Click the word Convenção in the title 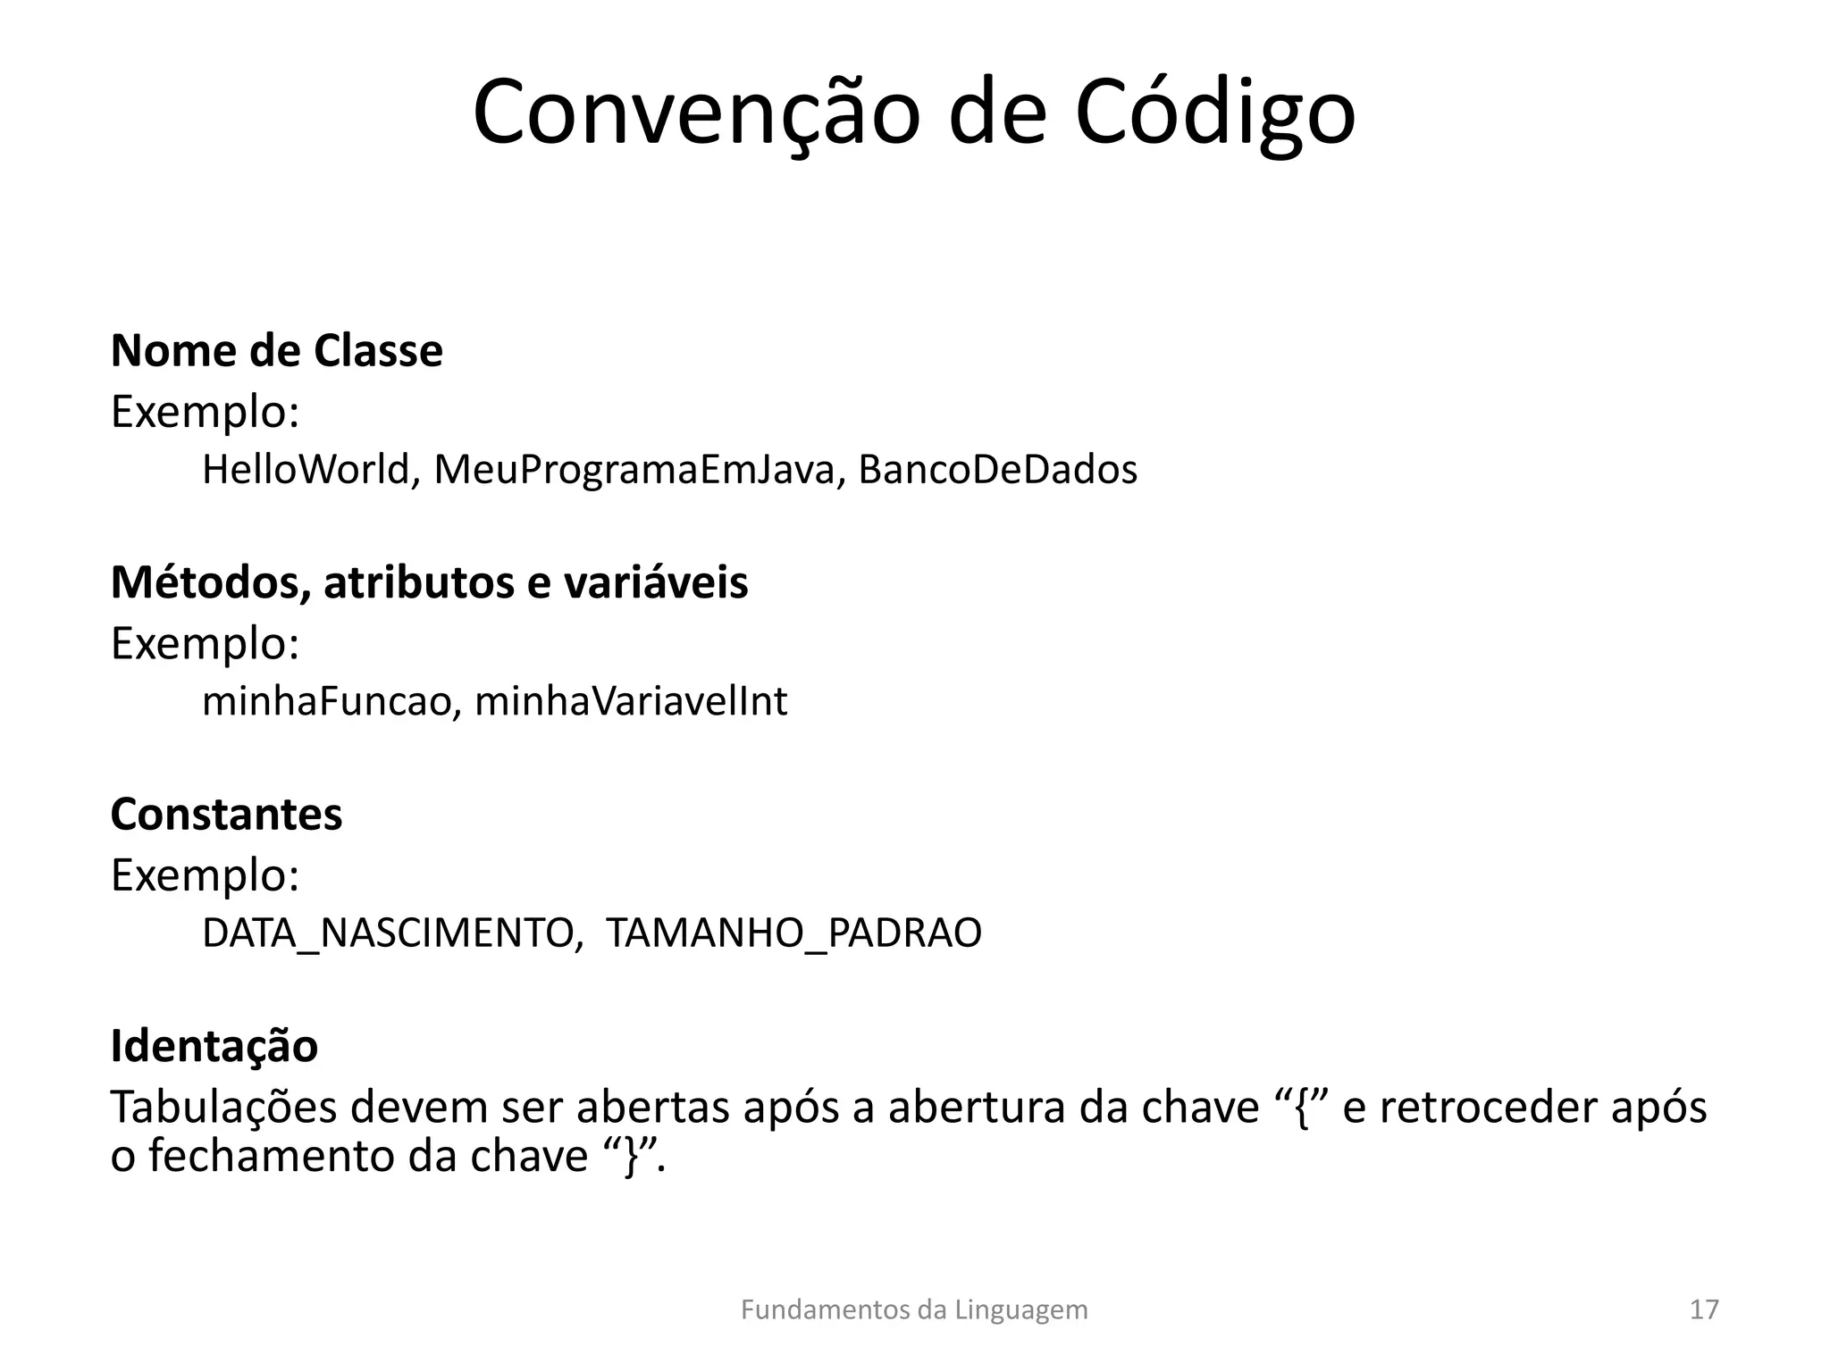(x=696, y=114)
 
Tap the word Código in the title (x=1214, y=114)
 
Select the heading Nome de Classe (x=276, y=350)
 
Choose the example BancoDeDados (x=997, y=470)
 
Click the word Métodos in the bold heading (x=210, y=582)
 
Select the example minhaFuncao (x=326, y=701)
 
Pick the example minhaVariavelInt (x=631, y=701)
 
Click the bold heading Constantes (x=226, y=814)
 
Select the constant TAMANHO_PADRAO (x=793, y=933)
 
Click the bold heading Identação (x=214, y=1045)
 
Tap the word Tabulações (x=223, y=1108)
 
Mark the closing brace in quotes (x=634, y=1157)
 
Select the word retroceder (x=1487, y=1108)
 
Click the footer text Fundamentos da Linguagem (x=914, y=1310)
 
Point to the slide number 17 (x=1704, y=1310)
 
